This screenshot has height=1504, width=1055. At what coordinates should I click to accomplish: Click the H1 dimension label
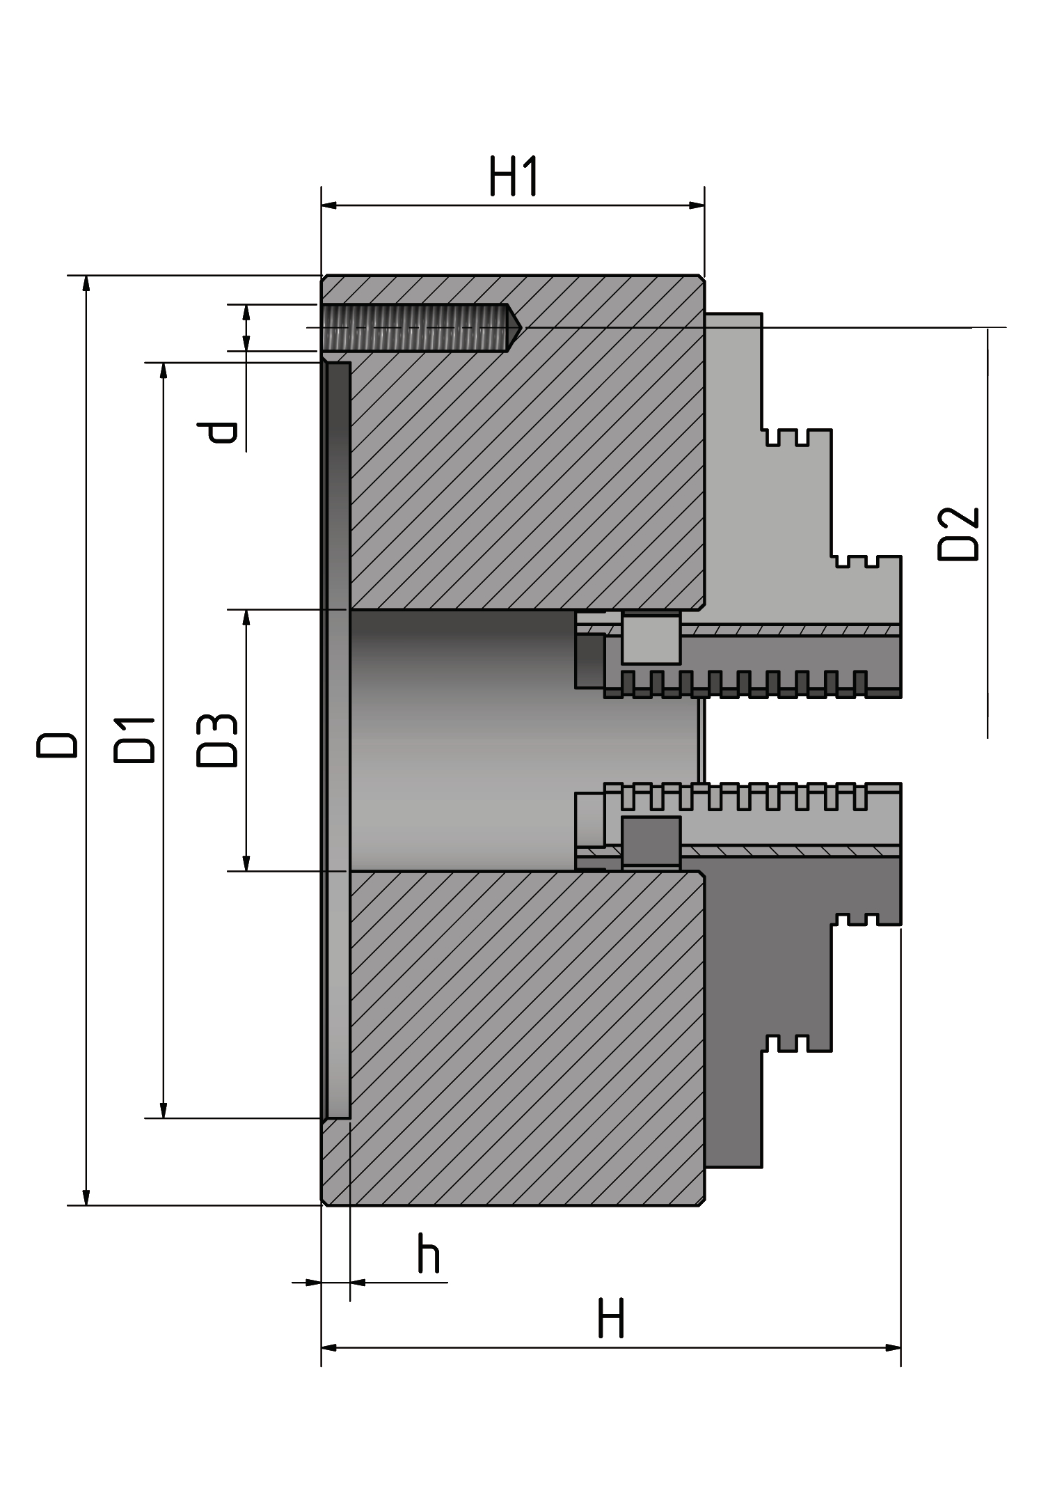point(514,176)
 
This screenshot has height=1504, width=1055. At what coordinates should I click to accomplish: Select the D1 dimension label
point(134,739)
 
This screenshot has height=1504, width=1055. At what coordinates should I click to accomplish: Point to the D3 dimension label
point(217,740)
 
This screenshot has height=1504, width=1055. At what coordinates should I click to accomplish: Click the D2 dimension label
point(958,534)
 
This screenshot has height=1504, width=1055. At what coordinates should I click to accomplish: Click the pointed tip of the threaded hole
point(521,327)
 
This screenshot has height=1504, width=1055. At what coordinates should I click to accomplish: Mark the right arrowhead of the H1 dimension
point(697,205)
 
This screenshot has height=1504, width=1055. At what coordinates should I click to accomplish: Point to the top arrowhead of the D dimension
point(86,284)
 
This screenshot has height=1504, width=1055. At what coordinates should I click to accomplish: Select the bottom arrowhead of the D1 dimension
point(164,1109)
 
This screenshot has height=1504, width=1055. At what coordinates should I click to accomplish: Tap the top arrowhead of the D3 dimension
point(246,618)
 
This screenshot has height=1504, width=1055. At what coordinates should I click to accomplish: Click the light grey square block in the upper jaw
point(651,639)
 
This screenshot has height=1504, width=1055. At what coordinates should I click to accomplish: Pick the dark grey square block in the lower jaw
point(651,841)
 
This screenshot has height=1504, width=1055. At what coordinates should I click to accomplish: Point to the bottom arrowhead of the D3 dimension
point(246,862)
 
